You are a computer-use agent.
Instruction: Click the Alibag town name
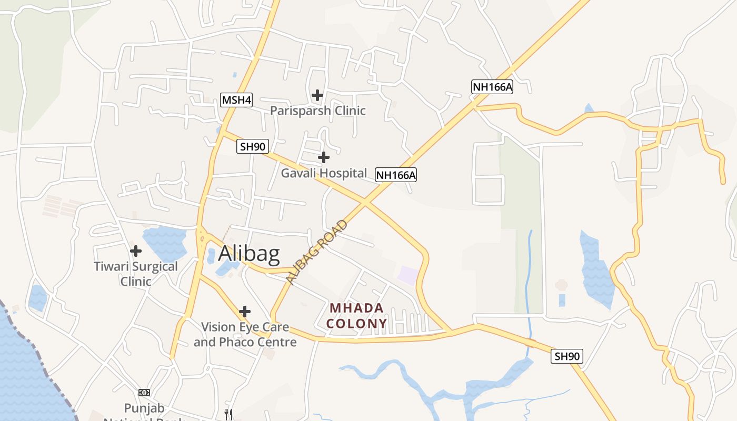click(248, 254)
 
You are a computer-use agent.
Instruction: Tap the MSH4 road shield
click(236, 100)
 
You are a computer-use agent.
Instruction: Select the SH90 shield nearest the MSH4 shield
click(253, 146)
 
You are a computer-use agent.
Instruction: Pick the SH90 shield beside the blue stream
click(567, 356)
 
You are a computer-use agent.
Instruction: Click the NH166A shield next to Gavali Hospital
click(396, 175)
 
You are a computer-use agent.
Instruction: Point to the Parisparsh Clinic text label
click(317, 111)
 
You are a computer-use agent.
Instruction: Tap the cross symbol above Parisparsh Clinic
click(317, 95)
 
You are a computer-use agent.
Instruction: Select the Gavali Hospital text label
click(324, 173)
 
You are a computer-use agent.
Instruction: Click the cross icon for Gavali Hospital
click(324, 157)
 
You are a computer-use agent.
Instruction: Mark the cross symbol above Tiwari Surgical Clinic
click(136, 251)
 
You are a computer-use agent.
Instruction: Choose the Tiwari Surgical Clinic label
click(136, 274)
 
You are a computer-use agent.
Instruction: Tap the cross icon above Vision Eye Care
click(245, 311)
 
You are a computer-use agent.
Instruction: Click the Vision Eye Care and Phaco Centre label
click(245, 334)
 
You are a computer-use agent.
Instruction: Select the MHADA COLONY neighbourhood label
click(356, 316)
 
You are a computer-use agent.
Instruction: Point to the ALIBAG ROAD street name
click(318, 252)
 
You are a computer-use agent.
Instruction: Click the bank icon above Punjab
click(144, 393)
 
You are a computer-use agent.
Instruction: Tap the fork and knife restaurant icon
click(228, 415)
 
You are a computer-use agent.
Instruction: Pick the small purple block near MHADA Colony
click(409, 275)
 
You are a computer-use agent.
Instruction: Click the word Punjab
click(144, 408)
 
